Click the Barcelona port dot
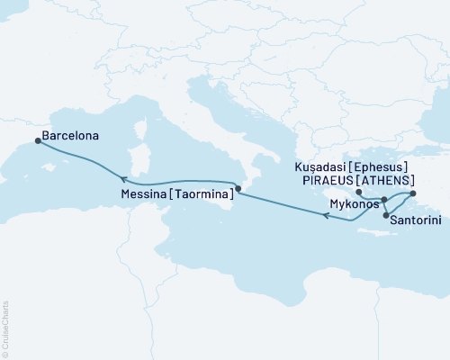point(37,139)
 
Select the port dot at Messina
point(238,189)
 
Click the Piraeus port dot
point(358,193)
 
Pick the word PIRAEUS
point(326,179)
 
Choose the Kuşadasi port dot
point(412,193)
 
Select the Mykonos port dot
point(383,199)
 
